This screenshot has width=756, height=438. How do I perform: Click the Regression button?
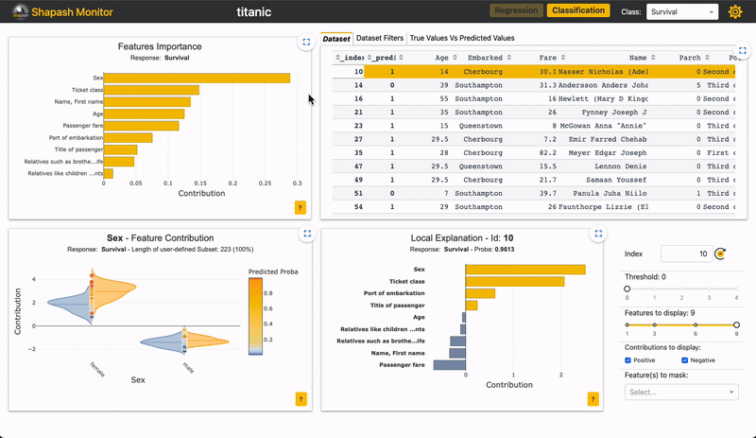(516, 11)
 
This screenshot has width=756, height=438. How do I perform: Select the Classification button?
(578, 11)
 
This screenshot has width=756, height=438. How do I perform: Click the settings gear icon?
(736, 12)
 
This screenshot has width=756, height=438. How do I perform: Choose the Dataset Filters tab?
(380, 39)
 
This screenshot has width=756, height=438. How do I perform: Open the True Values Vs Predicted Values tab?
(462, 39)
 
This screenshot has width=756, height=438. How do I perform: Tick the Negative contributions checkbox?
(684, 359)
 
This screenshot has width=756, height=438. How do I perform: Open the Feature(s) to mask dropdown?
(680, 392)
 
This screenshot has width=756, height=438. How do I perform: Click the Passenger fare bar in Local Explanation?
(450, 364)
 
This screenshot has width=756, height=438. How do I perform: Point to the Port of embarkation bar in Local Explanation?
(480, 293)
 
